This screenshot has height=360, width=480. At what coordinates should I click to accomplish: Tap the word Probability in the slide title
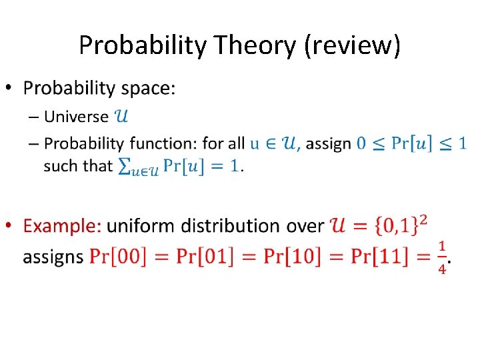tap(143, 45)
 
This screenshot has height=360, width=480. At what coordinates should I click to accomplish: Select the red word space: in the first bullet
tap(147, 89)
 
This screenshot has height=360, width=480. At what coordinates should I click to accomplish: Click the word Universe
tap(76, 117)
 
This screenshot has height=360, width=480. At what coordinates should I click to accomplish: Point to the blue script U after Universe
tap(122, 117)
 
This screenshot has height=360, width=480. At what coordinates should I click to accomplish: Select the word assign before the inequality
tap(328, 143)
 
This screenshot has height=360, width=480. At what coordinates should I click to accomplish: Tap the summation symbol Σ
tap(124, 167)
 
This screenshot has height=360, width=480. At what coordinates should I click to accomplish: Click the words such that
tap(78, 166)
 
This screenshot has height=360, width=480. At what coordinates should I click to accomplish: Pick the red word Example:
tap(63, 226)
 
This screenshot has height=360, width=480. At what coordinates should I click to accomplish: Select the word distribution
tap(229, 226)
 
